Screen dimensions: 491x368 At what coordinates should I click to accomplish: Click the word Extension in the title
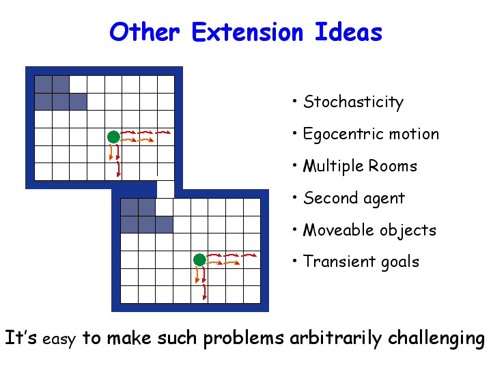(247, 32)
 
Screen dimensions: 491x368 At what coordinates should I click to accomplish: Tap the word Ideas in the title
(348, 31)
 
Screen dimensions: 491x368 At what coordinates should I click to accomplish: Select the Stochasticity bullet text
(354, 102)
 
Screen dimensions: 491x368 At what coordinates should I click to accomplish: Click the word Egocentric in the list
(343, 135)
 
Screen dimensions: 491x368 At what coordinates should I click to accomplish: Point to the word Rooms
(393, 166)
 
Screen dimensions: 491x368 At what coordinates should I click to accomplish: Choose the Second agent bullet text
(354, 199)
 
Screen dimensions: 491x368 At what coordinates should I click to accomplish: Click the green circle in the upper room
(113, 137)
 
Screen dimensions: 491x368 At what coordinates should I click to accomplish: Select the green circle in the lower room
(199, 260)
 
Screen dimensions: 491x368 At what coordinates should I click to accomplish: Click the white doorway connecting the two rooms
(165, 189)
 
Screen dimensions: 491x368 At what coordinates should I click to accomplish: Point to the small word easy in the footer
(59, 339)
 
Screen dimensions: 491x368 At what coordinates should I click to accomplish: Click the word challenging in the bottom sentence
(436, 339)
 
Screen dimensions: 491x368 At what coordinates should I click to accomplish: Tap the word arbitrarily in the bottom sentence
(336, 339)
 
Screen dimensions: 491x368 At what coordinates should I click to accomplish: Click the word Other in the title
(145, 32)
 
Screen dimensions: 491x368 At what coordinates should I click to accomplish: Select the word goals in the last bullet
(400, 262)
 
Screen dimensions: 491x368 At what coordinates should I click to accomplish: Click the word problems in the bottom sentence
(244, 339)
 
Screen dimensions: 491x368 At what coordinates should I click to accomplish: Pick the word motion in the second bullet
(415, 134)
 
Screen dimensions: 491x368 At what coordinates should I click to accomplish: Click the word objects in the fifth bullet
(408, 231)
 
